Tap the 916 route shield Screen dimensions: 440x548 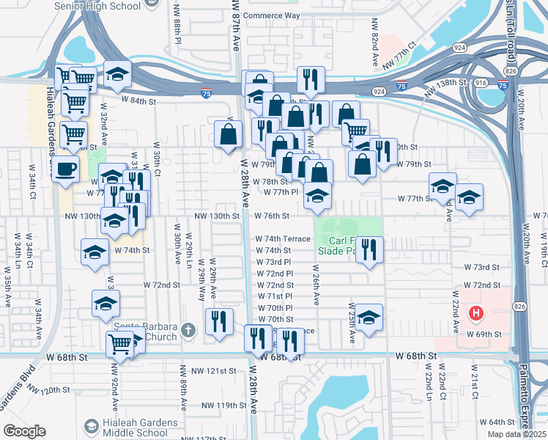pyautogui.click(x=481, y=84)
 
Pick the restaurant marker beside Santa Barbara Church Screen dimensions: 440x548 pyautogui.click(x=219, y=321)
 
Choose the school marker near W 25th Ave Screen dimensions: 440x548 pyautogui.click(x=369, y=318)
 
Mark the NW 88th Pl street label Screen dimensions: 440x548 pyautogui.click(x=178, y=25)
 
